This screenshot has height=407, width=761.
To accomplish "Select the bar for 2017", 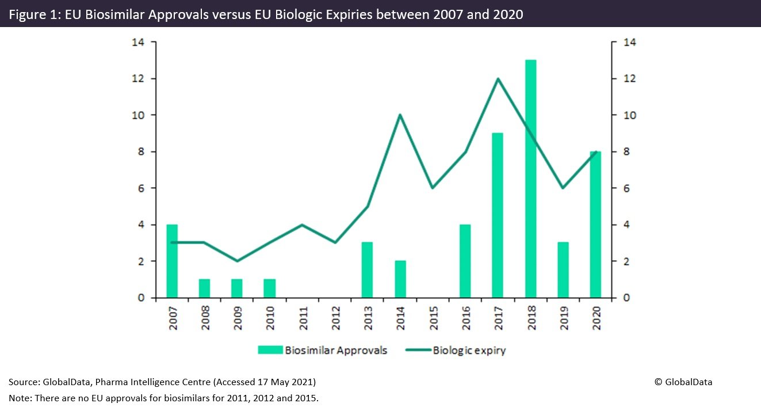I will click(498, 215).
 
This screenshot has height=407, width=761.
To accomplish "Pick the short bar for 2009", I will click(237, 288).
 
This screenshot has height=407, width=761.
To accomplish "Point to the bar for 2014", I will click(400, 279).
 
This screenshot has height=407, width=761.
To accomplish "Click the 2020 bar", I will click(595, 225).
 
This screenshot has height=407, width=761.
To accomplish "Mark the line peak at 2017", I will click(498, 79).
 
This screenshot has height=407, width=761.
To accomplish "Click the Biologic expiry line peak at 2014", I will click(400, 115).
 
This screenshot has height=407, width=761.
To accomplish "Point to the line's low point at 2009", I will click(237, 261).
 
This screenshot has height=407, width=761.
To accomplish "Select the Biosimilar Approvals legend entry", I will click(323, 350).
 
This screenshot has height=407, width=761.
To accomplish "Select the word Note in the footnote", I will click(18, 398).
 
